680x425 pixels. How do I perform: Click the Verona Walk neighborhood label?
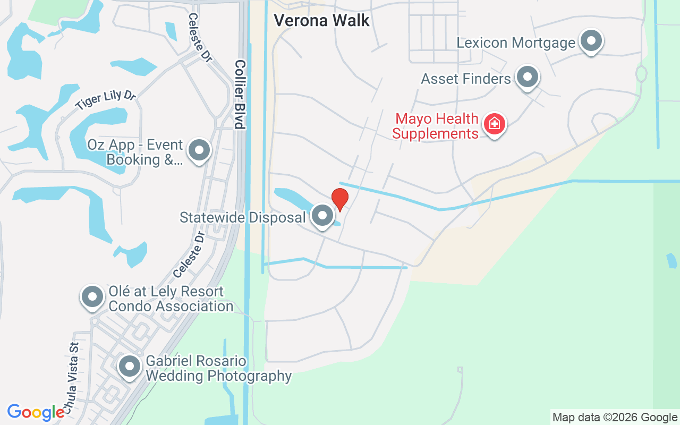click(321, 21)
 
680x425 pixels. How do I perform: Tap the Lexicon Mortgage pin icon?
click(590, 41)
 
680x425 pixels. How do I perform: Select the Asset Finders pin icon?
click(528, 77)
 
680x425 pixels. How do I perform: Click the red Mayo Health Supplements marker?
click(495, 124)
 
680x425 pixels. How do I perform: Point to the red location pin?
click(339, 199)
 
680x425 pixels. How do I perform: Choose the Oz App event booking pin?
click(199, 150)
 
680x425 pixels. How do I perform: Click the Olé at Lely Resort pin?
click(92, 297)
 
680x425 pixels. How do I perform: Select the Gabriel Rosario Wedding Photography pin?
click(130, 367)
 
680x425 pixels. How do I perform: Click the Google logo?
click(36, 412)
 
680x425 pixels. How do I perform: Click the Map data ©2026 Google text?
click(615, 418)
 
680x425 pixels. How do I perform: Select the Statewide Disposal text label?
click(243, 217)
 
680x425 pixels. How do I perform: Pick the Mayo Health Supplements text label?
click(436, 126)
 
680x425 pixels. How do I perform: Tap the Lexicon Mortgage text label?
click(516, 42)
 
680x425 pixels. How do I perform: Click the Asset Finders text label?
click(466, 79)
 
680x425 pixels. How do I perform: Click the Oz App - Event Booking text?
click(144, 152)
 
